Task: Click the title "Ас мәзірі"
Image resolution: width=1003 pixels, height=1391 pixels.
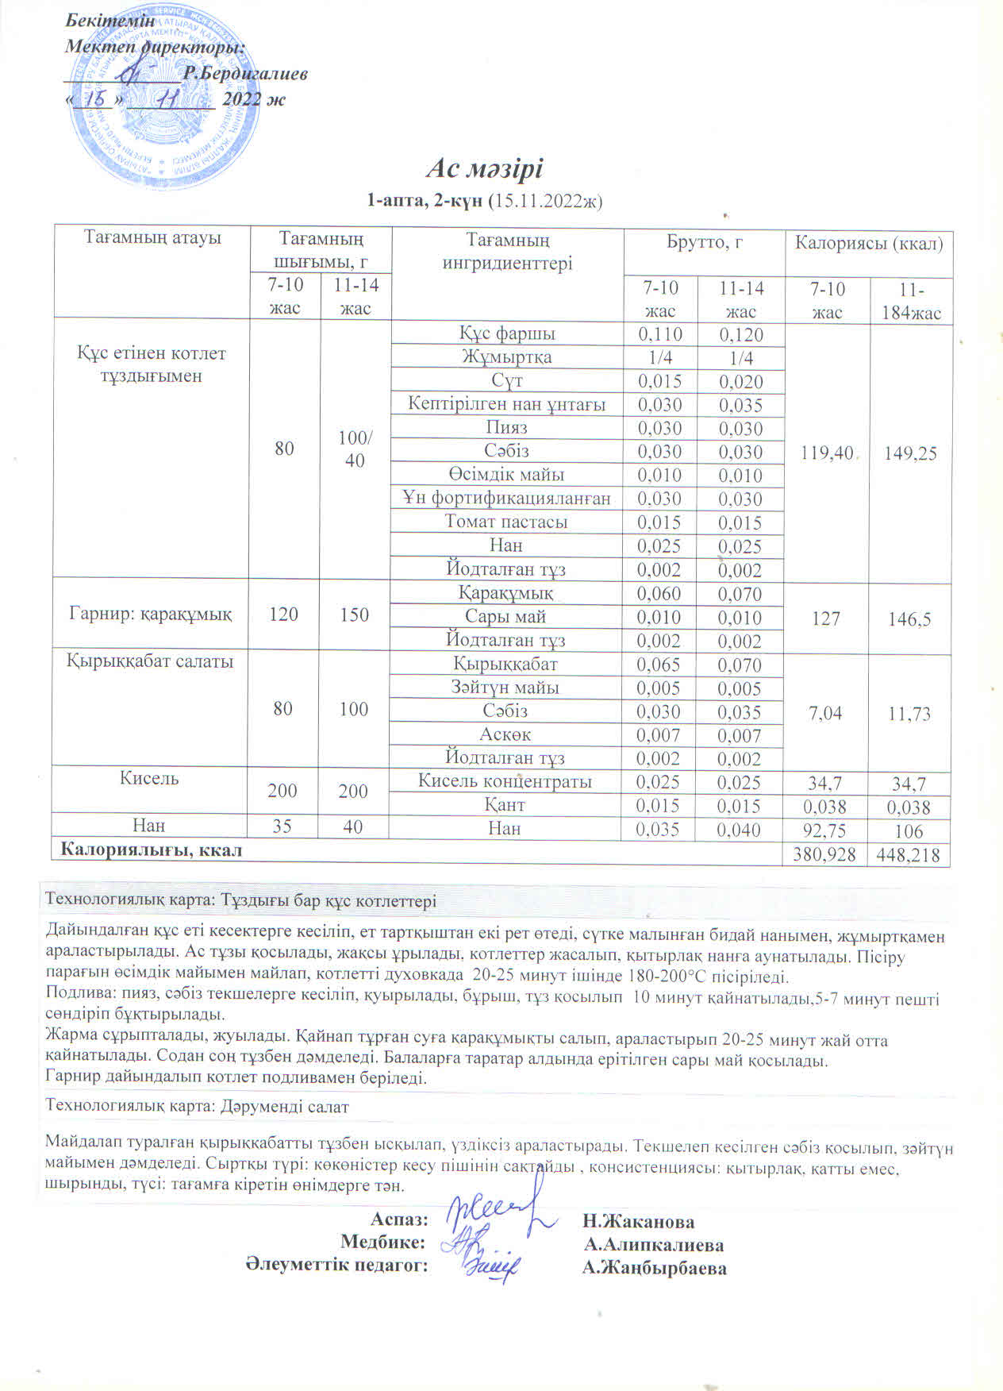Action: tap(485, 169)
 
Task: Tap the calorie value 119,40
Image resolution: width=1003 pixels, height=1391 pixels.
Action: tap(827, 453)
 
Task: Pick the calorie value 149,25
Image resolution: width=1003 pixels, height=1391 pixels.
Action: tap(911, 453)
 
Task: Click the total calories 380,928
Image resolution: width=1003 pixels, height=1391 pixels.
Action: tap(825, 854)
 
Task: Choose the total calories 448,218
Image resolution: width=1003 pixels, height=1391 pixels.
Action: tap(909, 854)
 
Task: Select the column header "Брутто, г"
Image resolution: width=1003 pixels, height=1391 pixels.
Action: tap(704, 242)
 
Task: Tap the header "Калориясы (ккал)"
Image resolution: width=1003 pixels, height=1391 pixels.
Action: tap(869, 243)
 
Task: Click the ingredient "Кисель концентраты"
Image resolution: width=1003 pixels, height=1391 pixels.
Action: tap(505, 781)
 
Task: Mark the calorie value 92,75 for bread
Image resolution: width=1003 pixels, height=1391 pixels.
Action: tap(825, 831)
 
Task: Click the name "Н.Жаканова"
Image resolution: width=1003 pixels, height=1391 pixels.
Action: tap(639, 1221)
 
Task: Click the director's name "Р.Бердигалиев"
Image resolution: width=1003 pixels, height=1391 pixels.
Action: tap(245, 74)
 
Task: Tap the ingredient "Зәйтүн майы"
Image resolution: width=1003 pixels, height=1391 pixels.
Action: tap(506, 688)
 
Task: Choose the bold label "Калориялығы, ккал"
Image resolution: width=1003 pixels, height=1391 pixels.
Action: tap(152, 850)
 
